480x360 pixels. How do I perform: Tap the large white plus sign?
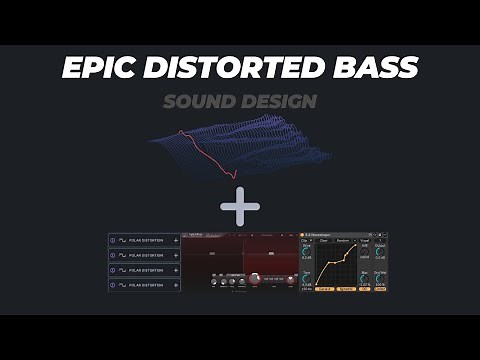coord(240,208)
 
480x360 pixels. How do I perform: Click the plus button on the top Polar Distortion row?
coord(176,241)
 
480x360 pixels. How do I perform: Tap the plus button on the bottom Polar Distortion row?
coord(176,286)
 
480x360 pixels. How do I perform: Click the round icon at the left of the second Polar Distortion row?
coord(113,256)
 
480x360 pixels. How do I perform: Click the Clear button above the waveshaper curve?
coord(325,240)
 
